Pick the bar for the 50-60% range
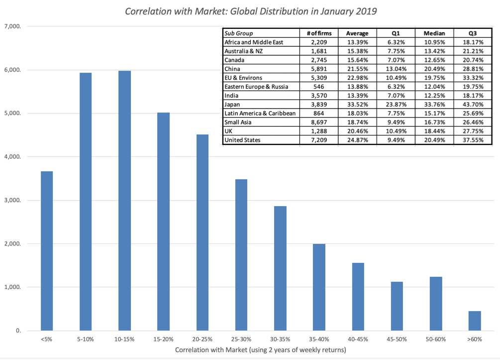coord(435,303)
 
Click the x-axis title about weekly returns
coord(260,350)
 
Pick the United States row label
coord(243,140)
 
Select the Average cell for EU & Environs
coord(357,78)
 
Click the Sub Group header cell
coord(239,33)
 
